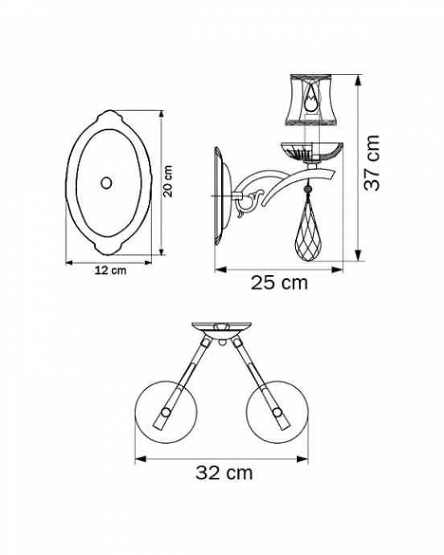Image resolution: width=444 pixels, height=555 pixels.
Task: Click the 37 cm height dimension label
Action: pyautogui.click(x=372, y=162)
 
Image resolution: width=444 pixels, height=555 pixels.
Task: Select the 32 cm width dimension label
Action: pyautogui.click(x=224, y=472)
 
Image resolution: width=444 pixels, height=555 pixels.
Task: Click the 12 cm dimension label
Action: pyautogui.click(x=109, y=271)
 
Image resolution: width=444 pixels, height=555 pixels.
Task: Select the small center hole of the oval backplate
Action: pyautogui.click(x=106, y=182)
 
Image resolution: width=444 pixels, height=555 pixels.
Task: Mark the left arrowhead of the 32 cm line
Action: pyautogui.click(x=138, y=458)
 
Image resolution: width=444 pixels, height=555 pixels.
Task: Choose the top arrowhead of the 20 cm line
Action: pyautogui.click(x=162, y=113)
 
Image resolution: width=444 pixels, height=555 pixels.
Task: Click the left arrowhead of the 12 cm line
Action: pyautogui.click(x=68, y=261)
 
